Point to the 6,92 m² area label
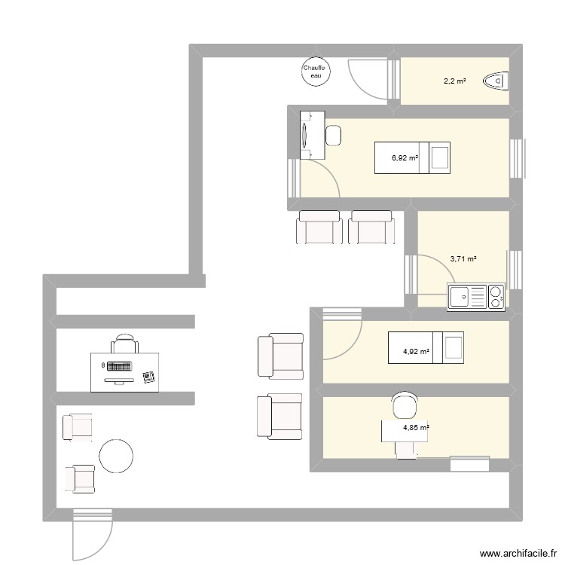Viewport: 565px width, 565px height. tap(405, 158)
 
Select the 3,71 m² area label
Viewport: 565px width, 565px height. tap(463, 259)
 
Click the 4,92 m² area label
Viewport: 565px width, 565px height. tap(416, 351)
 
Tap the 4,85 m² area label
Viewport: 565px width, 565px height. tap(416, 428)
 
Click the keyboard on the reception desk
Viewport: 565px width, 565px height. tap(118, 368)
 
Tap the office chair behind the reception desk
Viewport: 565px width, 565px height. tap(124, 344)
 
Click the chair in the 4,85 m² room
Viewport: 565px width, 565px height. tap(405, 406)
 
